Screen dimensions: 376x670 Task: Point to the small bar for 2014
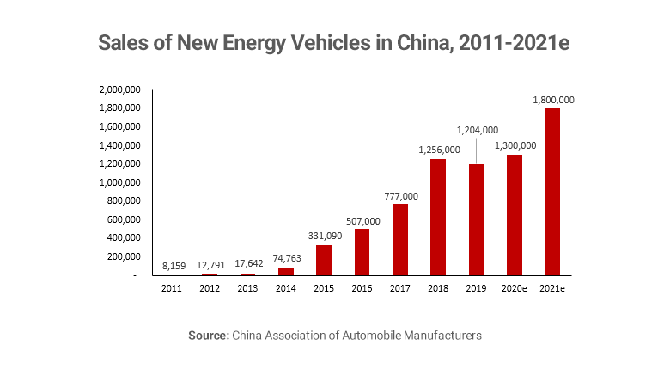(287, 272)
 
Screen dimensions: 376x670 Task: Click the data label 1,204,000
(477, 130)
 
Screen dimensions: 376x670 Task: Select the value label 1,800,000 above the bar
(553, 100)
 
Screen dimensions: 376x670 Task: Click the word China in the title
(424, 43)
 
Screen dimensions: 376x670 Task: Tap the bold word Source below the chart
(208, 336)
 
